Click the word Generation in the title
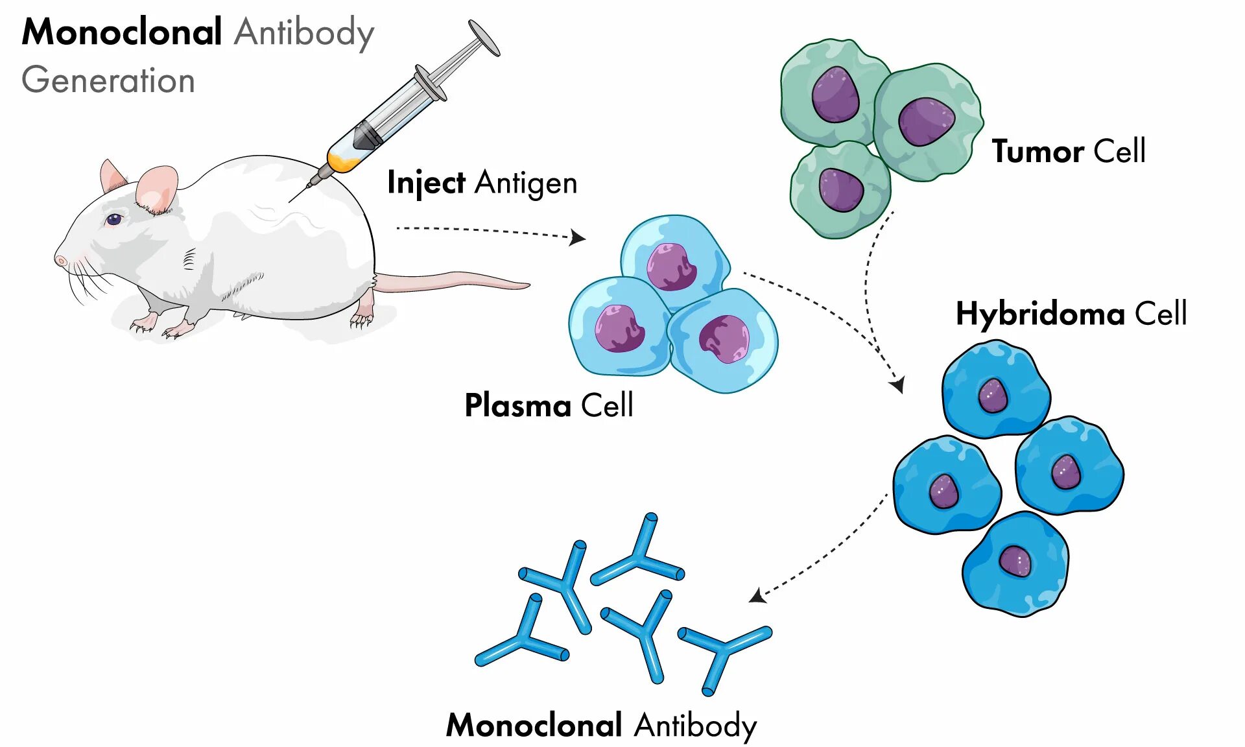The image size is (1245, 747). click(x=108, y=81)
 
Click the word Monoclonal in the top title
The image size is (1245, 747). click(x=122, y=32)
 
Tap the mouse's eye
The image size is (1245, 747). click(x=114, y=219)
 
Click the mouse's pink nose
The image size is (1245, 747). click(x=60, y=261)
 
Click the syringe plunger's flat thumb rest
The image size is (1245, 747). click(x=484, y=38)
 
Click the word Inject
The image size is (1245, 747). click(x=426, y=183)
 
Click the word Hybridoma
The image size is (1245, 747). click(x=1040, y=314)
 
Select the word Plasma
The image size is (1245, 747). click(x=517, y=406)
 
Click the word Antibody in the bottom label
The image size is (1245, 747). click(x=695, y=725)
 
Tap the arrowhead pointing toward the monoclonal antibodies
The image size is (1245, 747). click(x=757, y=595)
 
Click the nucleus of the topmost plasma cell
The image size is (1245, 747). click(x=672, y=267)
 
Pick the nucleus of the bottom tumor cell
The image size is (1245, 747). click(x=840, y=189)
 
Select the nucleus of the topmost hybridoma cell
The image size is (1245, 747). click(x=993, y=395)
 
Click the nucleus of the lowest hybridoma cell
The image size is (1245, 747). click(x=1015, y=560)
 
